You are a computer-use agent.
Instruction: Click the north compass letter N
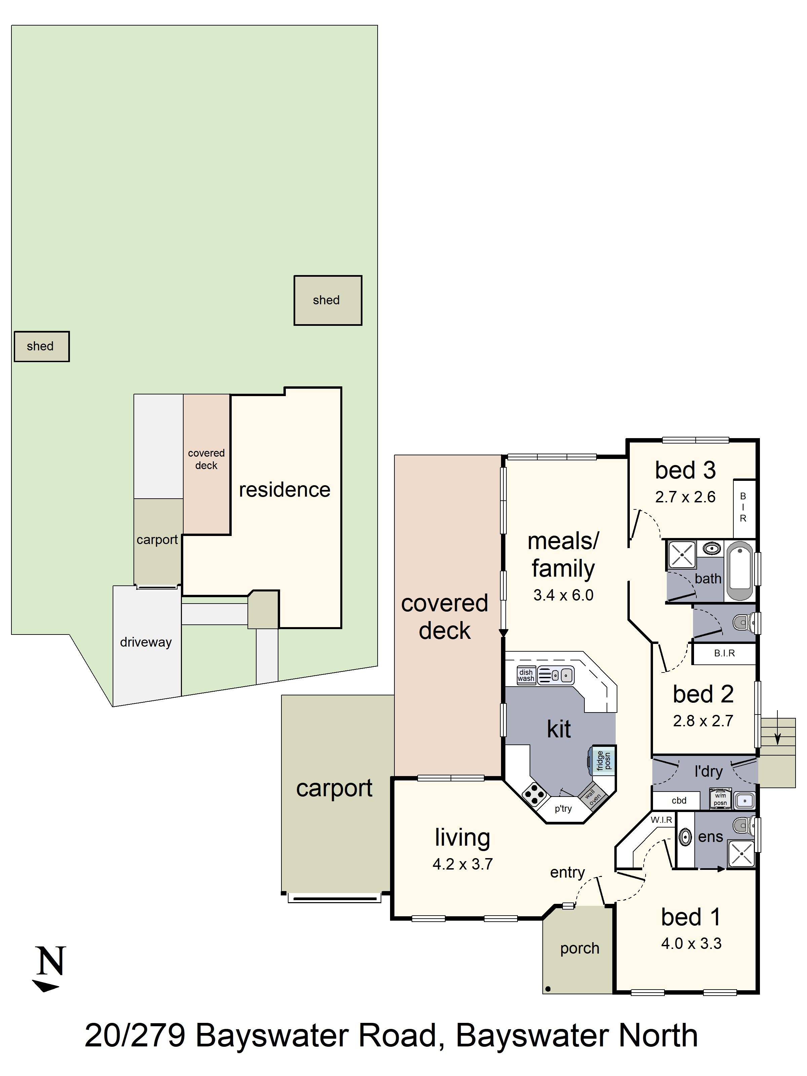[50, 961]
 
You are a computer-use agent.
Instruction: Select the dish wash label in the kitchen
[526, 676]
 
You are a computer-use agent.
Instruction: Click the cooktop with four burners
[534, 796]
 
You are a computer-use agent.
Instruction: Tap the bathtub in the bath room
[739, 571]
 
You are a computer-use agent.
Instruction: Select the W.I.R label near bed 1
[661, 820]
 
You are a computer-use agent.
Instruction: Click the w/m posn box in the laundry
[720, 799]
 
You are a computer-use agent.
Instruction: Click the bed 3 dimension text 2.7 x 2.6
[685, 497]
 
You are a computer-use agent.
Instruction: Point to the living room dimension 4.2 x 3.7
[463, 864]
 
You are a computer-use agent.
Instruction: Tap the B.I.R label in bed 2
[724, 653]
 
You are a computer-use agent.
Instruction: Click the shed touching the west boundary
[41, 346]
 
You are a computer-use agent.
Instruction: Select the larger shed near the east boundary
[328, 300]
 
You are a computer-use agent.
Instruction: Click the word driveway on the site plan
[146, 642]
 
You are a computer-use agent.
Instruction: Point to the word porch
[580, 949]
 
